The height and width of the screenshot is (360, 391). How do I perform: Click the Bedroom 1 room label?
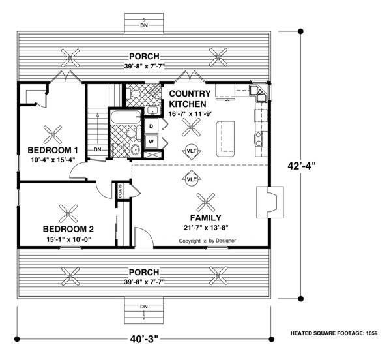coord(53,150)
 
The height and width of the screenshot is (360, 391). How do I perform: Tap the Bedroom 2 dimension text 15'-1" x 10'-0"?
coord(68,239)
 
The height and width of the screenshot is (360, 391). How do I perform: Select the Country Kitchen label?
coord(190,98)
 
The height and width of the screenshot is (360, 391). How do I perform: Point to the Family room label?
coord(205,218)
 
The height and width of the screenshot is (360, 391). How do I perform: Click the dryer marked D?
coord(151,127)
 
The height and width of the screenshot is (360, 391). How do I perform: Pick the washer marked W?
coord(151,142)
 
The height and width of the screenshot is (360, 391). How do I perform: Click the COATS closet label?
coord(120,191)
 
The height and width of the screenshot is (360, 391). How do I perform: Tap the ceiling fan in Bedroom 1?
coord(53,134)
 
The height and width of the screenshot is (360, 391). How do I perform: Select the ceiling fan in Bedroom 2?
coord(68,214)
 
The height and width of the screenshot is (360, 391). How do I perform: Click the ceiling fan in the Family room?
coord(206,202)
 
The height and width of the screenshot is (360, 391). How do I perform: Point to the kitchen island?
coord(225,139)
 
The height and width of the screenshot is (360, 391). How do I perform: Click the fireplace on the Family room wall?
coord(270,202)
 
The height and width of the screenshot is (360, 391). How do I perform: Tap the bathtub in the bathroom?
coord(126,117)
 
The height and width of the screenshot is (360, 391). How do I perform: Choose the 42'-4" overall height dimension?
coord(302,166)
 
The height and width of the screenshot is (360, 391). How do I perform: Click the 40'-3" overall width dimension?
coord(144,339)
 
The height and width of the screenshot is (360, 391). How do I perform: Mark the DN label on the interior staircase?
coord(98,149)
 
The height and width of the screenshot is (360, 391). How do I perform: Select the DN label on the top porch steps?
coord(144,25)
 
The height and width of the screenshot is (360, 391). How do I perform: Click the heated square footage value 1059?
coord(372,333)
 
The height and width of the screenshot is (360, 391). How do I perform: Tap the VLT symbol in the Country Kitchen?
coord(192,151)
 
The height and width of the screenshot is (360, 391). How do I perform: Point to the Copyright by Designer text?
coord(207,241)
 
